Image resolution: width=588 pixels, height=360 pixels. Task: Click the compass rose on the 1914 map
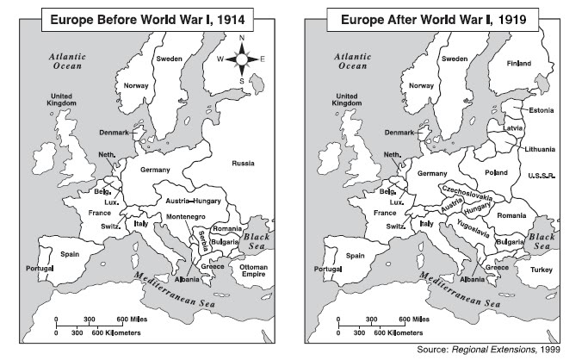tap(241, 59)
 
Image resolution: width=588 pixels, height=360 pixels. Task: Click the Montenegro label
tap(184, 215)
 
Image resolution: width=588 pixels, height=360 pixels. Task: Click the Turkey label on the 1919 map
tap(541, 270)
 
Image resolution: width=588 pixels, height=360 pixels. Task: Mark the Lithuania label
tap(539, 149)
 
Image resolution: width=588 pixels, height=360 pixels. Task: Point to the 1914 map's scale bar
tap(90, 326)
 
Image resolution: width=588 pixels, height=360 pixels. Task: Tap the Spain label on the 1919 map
tap(351, 255)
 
